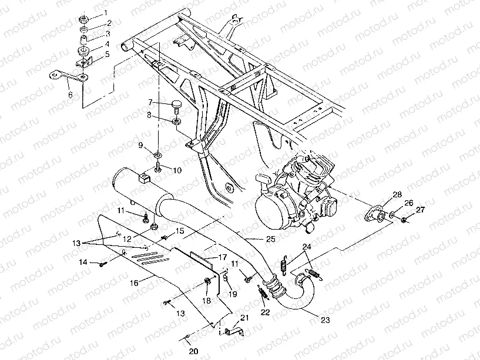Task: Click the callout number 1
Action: pos(106,12)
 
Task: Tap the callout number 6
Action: pos(70,94)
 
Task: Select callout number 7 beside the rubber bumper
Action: pos(150,102)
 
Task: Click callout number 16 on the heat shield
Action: pos(134,282)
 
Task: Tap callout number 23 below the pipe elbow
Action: pos(325,320)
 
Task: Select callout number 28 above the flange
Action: pos(397,194)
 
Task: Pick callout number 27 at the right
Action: pos(419,210)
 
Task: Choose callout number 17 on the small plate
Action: pos(223,257)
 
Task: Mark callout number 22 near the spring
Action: pos(266,312)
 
